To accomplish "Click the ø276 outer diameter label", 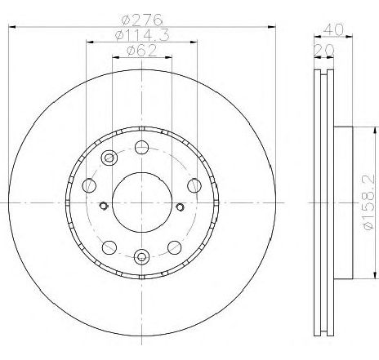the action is click(142, 20).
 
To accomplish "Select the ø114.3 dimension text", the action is click(142, 35).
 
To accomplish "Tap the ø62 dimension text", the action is click(142, 51).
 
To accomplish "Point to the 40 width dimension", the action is click(334, 29).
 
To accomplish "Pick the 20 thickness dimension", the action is click(323, 51).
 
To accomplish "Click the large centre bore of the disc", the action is click(142, 202).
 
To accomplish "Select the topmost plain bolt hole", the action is click(142, 147).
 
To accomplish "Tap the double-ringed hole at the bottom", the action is click(142, 256).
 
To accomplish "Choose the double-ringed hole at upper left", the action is click(109, 158).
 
